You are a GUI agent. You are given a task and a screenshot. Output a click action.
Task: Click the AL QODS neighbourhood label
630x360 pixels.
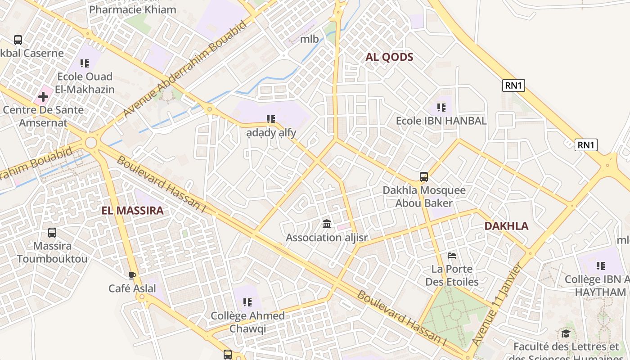click(389, 57)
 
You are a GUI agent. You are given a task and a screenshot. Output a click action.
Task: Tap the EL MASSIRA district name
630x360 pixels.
click(132, 211)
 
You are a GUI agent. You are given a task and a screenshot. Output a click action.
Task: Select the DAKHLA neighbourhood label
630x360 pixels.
click(506, 226)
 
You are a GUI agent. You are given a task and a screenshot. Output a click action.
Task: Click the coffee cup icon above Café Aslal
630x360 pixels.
click(132, 275)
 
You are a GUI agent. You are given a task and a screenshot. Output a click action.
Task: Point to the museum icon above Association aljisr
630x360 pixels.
click(327, 224)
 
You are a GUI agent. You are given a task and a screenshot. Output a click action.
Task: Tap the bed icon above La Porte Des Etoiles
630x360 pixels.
click(452, 256)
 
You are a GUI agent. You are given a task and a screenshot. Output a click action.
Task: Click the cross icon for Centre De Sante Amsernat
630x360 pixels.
click(43, 96)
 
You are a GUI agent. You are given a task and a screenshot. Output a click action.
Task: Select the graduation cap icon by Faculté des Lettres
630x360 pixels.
click(566, 333)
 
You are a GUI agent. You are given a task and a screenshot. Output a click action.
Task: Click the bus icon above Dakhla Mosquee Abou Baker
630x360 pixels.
click(423, 177)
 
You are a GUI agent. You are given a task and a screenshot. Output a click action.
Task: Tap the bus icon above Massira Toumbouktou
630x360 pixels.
click(52, 233)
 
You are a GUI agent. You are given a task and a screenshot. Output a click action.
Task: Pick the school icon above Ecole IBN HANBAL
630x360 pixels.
click(441, 108)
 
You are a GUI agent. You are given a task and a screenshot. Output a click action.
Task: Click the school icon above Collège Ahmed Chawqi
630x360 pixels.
click(247, 302)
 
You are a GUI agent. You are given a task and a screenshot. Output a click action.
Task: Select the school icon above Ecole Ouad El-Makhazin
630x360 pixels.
click(85, 63)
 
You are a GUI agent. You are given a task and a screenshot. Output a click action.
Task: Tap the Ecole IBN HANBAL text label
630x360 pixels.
click(441, 121)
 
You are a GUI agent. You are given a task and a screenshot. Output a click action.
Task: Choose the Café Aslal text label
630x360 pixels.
click(132, 288)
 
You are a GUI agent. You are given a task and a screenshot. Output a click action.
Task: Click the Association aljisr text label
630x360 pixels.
click(327, 237)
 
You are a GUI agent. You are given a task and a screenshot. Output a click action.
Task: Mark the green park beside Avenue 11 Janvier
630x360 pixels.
click(454, 315)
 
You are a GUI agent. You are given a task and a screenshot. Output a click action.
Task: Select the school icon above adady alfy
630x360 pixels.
click(270, 119)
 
